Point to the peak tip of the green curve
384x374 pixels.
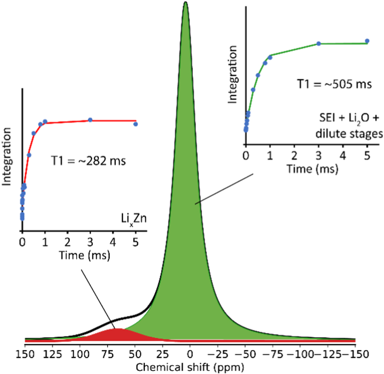coord(185,3)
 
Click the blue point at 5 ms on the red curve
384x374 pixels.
coord(136,124)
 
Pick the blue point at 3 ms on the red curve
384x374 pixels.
coord(90,120)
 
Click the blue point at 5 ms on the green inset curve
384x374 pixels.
coord(367,41)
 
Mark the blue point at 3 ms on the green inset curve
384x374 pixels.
coord(319,43)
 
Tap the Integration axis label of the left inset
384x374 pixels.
coord(7,161)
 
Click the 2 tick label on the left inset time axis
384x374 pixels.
coord(68,243)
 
